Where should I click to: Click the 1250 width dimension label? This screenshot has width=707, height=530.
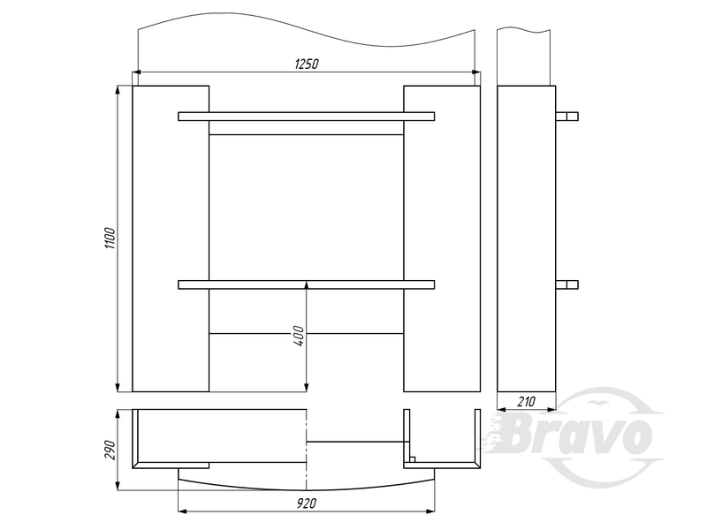pyautogui.click(x=307, y=64)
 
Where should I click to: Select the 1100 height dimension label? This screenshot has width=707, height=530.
pyautogui.click(x=110, y=238)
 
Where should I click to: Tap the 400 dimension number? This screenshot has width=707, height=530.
pyautogui.click(x=299, y=336)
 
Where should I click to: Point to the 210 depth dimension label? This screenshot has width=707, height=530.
pyautogui.click(x=526, y=401)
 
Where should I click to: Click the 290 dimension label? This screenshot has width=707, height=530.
pyautogui.click(x=110, y=450)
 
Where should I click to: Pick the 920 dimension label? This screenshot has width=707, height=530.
pyautogui.click(x=307, y=503)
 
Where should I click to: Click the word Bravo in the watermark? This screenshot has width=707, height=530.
pyautogui.click(x=577, y=435)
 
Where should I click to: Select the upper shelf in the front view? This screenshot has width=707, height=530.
pyautogui.click(x=306, y=117)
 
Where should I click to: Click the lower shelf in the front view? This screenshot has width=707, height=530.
pyautogui.click(x=306, y=284)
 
